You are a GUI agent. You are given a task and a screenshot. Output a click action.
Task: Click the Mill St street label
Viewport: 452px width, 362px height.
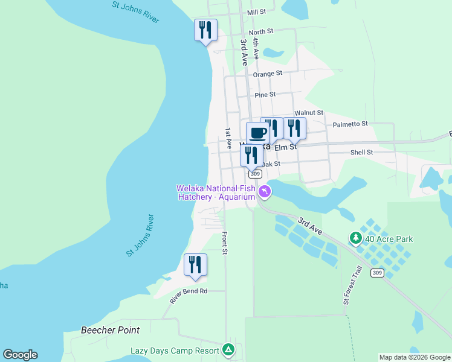tap(256, 12)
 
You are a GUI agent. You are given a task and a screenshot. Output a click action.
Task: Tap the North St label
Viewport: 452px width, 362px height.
tap(260, 31)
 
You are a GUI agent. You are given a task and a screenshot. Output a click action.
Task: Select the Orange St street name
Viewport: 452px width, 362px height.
tap(267, 74)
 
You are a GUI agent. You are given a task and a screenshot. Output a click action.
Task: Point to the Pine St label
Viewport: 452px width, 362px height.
tap(265, 95)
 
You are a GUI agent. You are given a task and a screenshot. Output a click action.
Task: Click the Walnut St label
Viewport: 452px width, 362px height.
tap(309, 113)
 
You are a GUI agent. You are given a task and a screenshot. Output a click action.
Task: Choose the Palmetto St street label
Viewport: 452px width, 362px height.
tap(350, 124)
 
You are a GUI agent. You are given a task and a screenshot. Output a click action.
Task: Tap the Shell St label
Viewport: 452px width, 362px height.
tap(361, 153)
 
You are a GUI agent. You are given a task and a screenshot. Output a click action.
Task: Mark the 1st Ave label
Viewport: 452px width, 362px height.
tap(228, 138)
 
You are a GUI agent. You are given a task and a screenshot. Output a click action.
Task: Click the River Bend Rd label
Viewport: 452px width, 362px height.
tap(188, 295)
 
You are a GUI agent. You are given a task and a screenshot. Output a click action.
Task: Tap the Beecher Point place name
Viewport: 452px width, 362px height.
tap(110, 330)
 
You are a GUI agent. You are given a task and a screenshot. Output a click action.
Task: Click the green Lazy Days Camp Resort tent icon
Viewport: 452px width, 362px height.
tap(228, 349)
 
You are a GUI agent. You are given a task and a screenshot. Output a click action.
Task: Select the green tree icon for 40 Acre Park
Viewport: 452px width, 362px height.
tap(356, 238)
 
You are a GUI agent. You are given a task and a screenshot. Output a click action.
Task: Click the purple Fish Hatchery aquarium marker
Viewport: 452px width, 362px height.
tap(264, 192)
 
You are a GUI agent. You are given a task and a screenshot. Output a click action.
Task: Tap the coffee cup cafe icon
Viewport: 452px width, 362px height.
tap(257, 132)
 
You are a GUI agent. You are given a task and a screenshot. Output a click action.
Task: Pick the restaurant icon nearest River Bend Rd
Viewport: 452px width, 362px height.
tap(195, 265)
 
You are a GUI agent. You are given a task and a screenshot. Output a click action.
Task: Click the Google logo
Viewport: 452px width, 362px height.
tap(20, 355)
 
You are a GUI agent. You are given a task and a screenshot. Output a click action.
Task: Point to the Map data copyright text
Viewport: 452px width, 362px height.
tap(415, 357)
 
